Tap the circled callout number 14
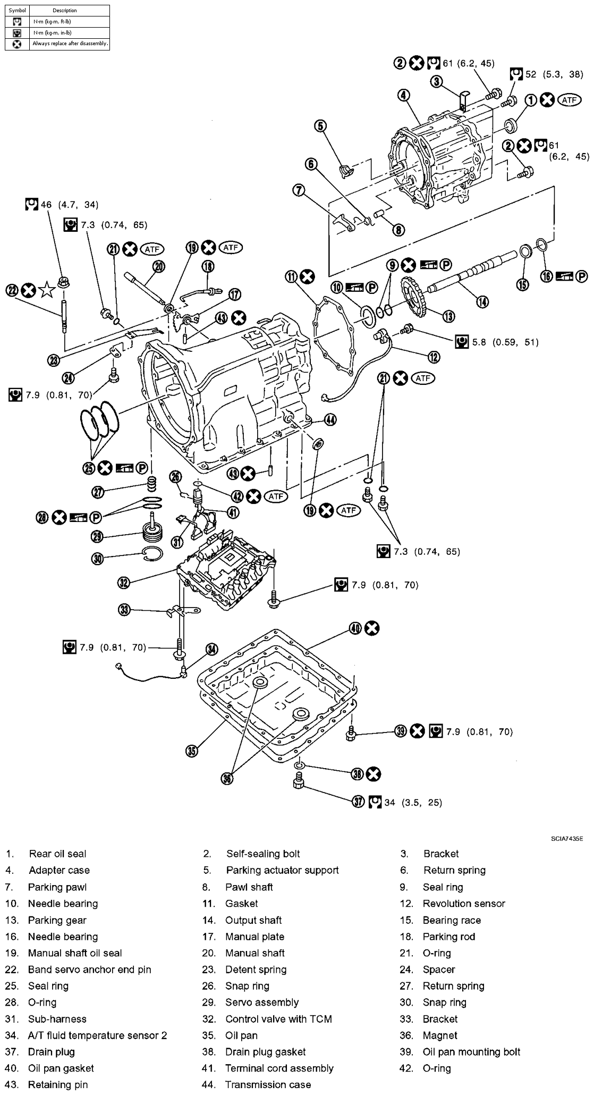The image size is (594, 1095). click(x=482, y=301)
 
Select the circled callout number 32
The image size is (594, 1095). click(x=123, y=583)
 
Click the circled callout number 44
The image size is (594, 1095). click(x=330, y=420)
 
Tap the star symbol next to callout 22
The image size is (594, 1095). click(x=47, y=290)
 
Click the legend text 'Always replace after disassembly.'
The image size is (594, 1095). click(x=70, y=44)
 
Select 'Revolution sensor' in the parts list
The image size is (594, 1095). click(x=464, y=903)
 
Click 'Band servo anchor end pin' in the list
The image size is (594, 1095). click(x=89, y=969)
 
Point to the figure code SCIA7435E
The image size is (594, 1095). click(x=567, y=839)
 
